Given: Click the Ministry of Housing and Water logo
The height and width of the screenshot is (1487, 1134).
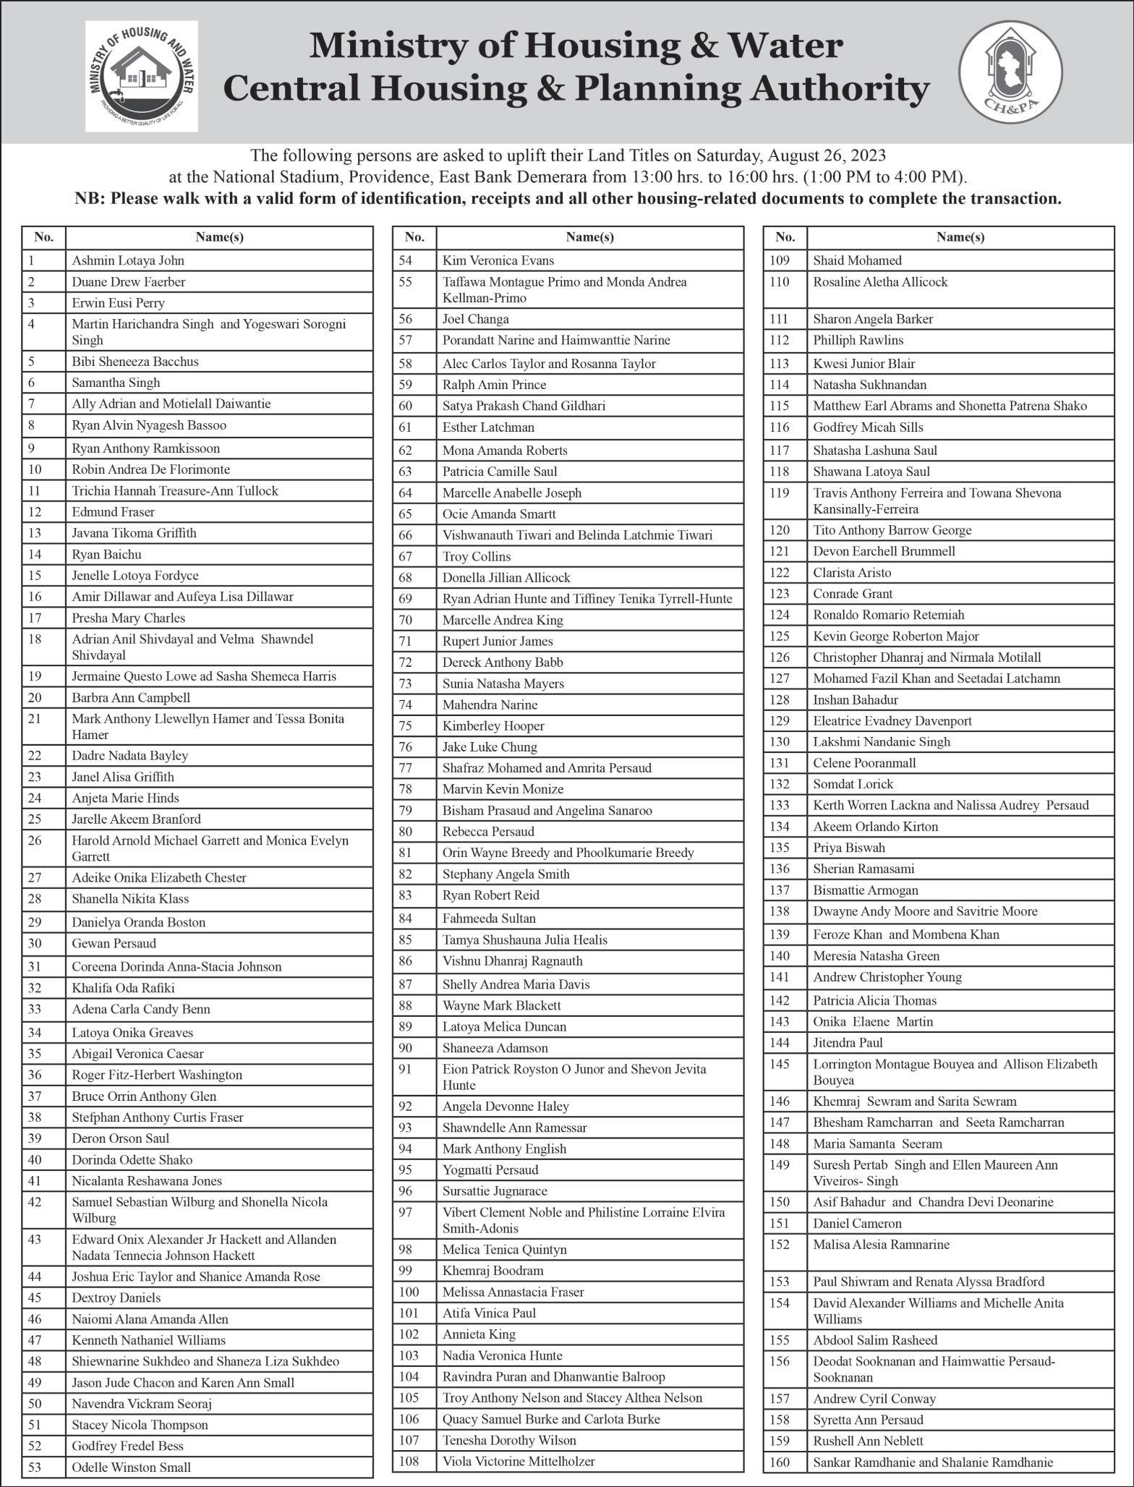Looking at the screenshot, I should coord(141,76).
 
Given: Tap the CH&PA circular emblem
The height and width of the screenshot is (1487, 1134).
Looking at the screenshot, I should coord(1010,72).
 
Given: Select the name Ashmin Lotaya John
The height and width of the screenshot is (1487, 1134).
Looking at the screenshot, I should coord(127,260).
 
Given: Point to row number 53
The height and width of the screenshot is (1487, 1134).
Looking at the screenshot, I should coord(35,1467).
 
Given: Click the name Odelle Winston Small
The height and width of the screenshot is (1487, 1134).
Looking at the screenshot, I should coord(131,1467).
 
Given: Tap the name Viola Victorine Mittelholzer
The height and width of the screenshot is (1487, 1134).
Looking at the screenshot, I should coord(518,1460).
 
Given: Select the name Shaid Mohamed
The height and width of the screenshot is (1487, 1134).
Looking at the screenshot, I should coord(857,260).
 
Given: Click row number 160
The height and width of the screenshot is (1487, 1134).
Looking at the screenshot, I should coord(780,1462).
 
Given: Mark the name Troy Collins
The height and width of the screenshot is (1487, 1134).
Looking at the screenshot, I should coord(477,556).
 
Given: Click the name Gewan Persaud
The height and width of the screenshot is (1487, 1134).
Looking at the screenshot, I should coord(114,943).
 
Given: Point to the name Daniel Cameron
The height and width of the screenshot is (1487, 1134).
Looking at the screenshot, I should coord(857,1223).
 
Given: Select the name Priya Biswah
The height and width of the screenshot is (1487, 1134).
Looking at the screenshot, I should coord(848,847).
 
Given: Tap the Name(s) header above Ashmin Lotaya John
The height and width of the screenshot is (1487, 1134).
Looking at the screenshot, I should coord(219,237).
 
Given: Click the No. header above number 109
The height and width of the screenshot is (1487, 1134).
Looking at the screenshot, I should coord(785,237).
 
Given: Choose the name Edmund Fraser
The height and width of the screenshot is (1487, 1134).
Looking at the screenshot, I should coord(113,511).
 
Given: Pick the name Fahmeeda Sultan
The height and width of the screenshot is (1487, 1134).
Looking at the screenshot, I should coord(489,918).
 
